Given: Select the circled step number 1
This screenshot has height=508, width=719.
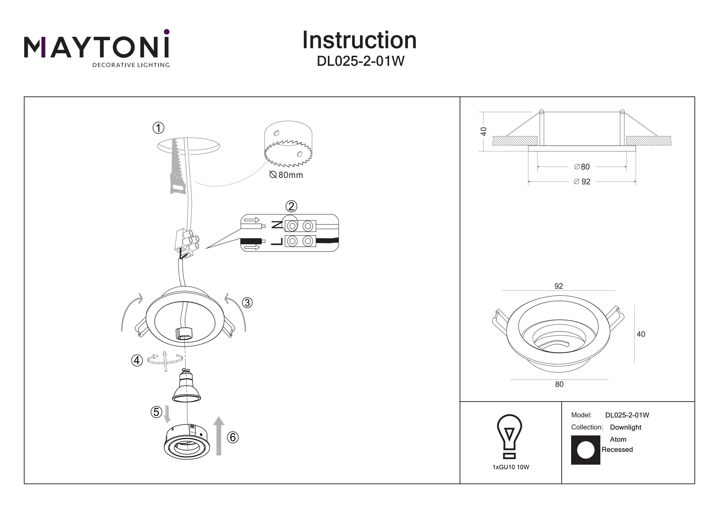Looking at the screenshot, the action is pos(158,128).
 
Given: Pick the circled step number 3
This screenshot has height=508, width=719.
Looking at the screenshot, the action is pos(247,303).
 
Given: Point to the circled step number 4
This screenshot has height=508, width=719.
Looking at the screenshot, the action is pos(137,360).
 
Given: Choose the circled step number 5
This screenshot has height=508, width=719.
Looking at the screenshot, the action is pos(156,412).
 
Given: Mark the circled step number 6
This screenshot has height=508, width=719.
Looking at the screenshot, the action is pos(233,437).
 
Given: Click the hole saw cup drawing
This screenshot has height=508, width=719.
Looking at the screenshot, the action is pos(288,144).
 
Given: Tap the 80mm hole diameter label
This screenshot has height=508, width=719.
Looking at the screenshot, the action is pos(286,175).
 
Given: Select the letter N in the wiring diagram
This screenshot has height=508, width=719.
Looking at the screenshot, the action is pos(277,225).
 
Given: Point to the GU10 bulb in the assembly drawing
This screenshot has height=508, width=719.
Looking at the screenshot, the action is pos(186,385).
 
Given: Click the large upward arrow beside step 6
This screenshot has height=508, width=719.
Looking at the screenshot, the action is pos(219,436).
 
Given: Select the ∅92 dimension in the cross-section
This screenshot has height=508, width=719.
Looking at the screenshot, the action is pos(582,182).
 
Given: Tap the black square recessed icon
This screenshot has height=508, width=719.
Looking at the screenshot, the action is pos(586,450).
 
